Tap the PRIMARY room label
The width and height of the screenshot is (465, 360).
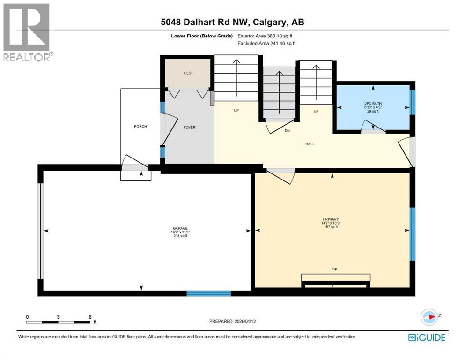(x=331, y=219)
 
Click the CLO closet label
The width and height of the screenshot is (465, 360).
(x=187, y=73)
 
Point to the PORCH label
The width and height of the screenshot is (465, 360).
(x=140, y=127)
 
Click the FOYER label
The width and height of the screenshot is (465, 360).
(x=189, y=127)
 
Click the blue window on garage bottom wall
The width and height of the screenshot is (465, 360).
(x=208, y=293)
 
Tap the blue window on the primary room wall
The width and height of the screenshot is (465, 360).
(x=412, y=234)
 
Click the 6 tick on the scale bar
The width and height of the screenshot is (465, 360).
(x=89, y=317)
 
